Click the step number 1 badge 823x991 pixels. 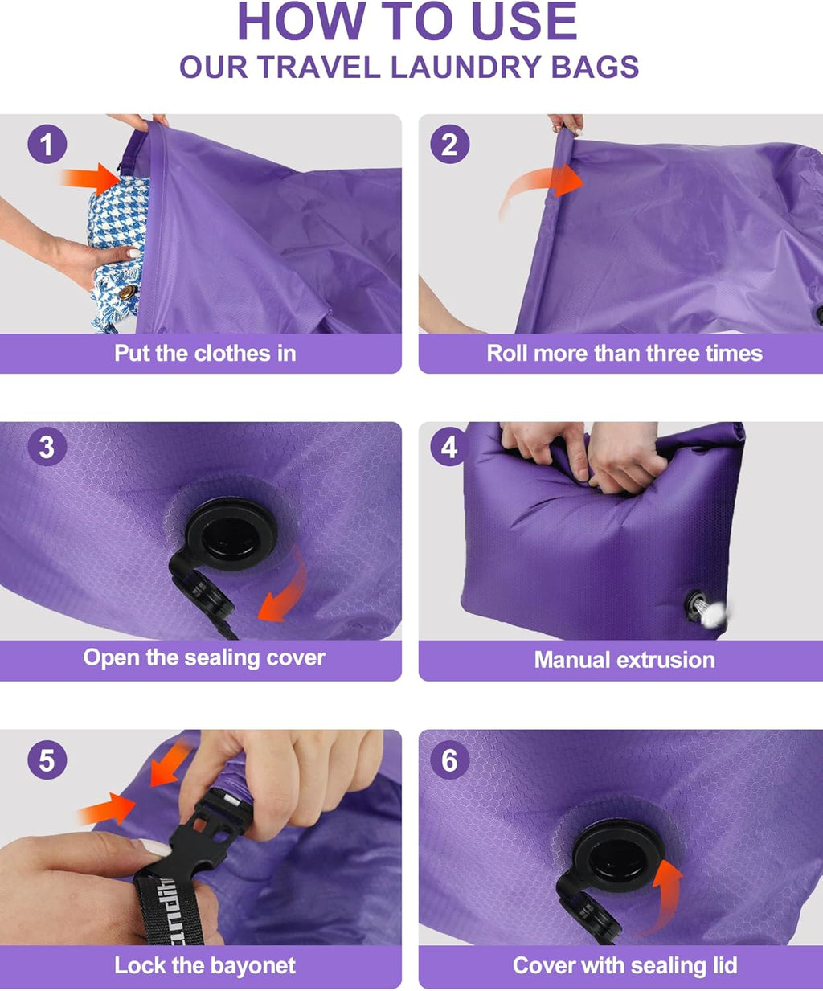(x=47, y=145)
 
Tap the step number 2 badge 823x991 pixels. (x=449, y=145)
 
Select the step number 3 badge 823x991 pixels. (x=47, y=447)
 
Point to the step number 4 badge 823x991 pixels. (x=449, y=447)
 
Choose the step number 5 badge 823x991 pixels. (x=47, y=760)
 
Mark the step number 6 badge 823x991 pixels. (x=449, y=760)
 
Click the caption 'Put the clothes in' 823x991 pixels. (x=205, y=354)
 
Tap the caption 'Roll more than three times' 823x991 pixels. (x=624, y=354)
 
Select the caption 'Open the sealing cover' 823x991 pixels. (x=204, y=657)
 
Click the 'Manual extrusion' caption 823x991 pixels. (x=624, y=660)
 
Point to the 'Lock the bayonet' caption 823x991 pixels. (x=205, y=965)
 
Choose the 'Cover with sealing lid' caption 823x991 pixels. (x=624, y=965)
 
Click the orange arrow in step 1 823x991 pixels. (x=92, y=178)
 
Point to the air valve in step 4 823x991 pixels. (x=696, y=604)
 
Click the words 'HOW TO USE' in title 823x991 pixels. (x=407, y=22)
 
